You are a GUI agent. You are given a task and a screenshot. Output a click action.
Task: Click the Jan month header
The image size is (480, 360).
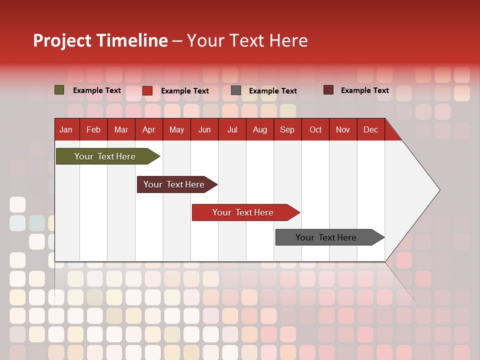coord(66,129)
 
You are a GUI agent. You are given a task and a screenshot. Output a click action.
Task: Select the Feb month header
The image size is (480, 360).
coord(93,129)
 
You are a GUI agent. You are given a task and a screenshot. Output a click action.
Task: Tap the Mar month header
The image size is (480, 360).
coord(121,129)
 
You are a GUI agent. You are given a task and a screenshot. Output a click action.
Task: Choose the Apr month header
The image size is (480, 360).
coord(148,129)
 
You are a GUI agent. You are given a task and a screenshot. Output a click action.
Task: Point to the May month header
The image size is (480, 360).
coord(176,129)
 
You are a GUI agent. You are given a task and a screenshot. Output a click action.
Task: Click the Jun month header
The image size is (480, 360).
coord(204,129)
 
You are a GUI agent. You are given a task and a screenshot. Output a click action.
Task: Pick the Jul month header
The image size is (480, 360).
coord(232,129)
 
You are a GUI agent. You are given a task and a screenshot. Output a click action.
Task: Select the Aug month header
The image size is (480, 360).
coord(259,129)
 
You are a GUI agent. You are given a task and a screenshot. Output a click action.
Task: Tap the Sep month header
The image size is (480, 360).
coord(287,129)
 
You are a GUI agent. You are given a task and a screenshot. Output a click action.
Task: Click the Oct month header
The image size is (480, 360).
coord(315,129)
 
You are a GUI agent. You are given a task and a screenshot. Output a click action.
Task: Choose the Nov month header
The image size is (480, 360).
coord(343,129)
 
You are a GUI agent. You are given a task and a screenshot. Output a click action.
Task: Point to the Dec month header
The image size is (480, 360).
coord(370,129)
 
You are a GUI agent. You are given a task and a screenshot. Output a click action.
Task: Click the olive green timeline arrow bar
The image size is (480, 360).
coord(105,156)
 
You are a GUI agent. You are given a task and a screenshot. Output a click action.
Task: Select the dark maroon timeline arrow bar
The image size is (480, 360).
coord(174,184)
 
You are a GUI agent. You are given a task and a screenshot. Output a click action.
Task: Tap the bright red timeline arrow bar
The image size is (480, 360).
coord(243,212)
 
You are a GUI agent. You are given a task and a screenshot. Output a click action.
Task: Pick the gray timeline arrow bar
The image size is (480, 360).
coord(326,237)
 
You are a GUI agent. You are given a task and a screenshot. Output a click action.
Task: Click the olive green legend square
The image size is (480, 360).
coord(59,90)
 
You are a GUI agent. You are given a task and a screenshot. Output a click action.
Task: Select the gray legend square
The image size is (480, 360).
coord(236,90)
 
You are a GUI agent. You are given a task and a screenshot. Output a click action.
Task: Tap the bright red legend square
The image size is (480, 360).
coord(147,90)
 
